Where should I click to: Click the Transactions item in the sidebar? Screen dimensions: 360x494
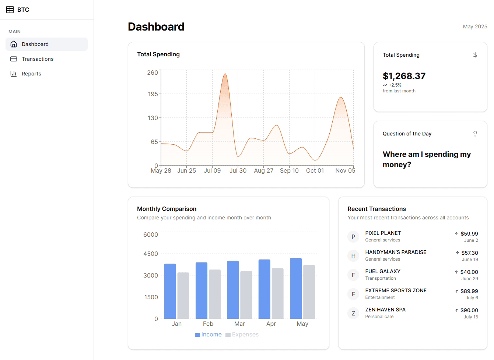(x=37, y=59)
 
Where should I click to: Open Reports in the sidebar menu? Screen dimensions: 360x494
(x=31, y=74)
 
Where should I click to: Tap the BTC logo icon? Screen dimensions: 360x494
(x=10, y=10)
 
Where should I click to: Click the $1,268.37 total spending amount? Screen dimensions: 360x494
(x=404, y=76)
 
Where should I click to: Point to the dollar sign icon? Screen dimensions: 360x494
(x=475, y=55)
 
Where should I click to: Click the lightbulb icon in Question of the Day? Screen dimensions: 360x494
(x=475, y=134)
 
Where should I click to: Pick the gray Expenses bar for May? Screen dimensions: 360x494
(x=309, y=292)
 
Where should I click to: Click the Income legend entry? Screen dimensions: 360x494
(x=208, y=335)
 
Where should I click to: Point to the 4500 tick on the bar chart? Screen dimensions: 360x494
(x=150, y=254)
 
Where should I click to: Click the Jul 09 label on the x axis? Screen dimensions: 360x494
(x=212, y=171)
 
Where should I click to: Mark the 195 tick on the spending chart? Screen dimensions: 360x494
(x=153, y=94)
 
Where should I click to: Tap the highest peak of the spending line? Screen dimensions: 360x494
(x=225, y=74)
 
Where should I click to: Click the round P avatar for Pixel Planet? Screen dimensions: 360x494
(x=353, y=237)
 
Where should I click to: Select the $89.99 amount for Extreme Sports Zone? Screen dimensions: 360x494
(x=469, y=291)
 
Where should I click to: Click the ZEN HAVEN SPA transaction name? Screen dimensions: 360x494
(x=385, y=310)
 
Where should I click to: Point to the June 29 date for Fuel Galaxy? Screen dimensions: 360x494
(x=469, y=279)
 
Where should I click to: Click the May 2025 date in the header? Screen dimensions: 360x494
(x=475, y=27)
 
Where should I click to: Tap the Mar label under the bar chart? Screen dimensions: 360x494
(x=239, y=324)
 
